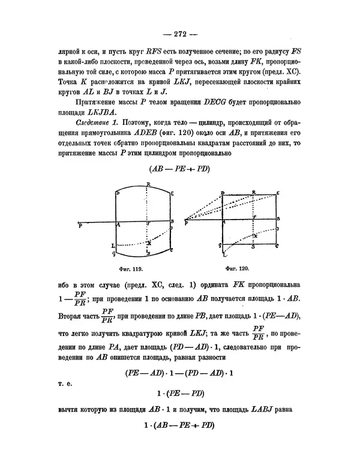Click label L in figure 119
pyautogui.click(x=113, y=246)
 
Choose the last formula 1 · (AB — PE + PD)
pyautogui.click(x=180, y=427)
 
